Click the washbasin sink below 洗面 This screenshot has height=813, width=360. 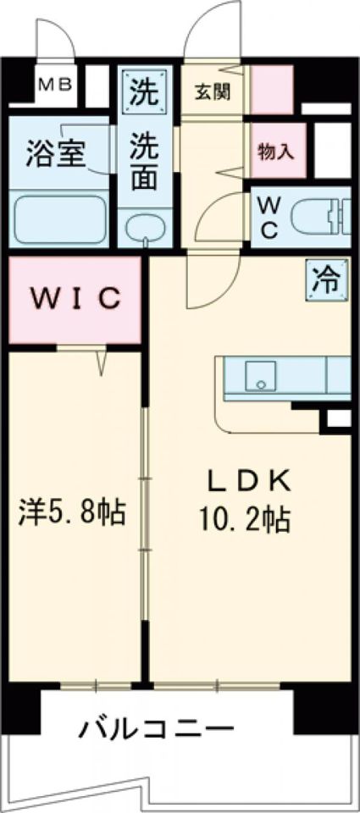145,227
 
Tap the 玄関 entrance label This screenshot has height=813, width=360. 213,90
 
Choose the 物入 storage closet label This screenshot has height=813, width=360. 276,152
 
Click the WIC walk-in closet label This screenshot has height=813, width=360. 74,299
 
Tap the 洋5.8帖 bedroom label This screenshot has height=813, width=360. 73,511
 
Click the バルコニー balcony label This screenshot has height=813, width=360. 158,727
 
